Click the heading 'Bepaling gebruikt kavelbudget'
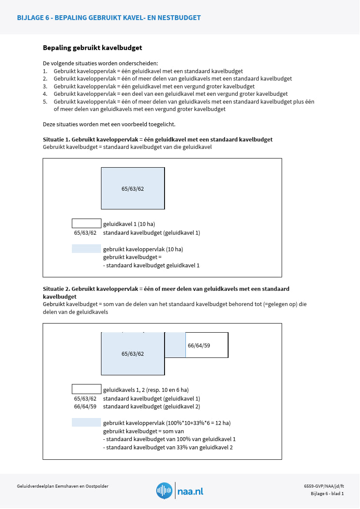click(x=92, y=48)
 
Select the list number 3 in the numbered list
click(x=45, y=86)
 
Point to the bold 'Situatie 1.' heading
click(x=57, y=140)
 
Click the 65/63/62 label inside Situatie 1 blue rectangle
click(x=133, y=189)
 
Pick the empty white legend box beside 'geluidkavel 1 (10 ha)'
click(x=86, y=223)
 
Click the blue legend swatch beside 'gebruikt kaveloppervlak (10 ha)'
click(x=86, y=249)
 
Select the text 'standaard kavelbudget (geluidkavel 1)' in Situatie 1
click(x=151, y=233)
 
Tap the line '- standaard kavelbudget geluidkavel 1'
click(x=151, y=265)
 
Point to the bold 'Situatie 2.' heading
click(x=57, y=289)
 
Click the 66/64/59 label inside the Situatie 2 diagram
click(x=199, y=345)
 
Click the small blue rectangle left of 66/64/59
click(x=175, y=345)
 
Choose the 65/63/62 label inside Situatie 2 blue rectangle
click(x=133, y=354)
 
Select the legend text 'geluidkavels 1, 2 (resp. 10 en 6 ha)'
click(x=146, y=390)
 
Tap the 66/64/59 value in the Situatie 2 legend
click(x=85, y=407)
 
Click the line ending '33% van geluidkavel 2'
click(x=168, y=447)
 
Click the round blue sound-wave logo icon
click(x=165, y=491)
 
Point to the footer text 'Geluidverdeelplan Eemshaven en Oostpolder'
click(x=63, y=486)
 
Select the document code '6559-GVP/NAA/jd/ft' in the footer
click(x=324, y=486)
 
